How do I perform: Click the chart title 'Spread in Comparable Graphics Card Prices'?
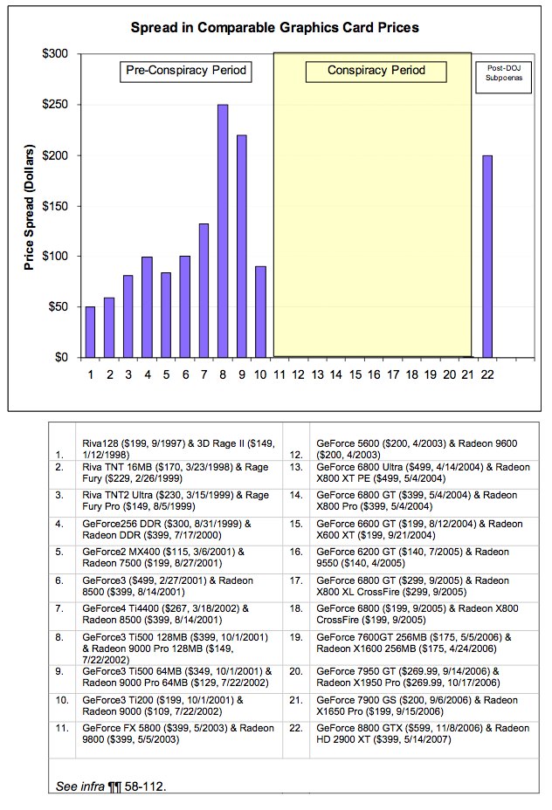(x=274, y=27)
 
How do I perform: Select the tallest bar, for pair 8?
(x=223, y=231)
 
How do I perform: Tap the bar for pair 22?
(x=486, y=257)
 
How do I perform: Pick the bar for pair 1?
(x=91, y=333)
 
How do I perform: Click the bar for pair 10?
(x=261, y=312)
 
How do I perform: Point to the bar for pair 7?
(x=204, y=291)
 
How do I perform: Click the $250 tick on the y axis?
(x=55, y=105)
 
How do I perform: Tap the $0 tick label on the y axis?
(x=61, y=358)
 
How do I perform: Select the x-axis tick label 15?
(x=355, y=374)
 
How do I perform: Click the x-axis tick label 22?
(x=486, y=374)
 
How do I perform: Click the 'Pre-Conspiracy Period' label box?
(x=186, y=71)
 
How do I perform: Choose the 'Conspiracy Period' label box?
(x=376, y=71)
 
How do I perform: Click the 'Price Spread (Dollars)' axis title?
(x=29, y=207)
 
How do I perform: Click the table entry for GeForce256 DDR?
(x=167, y=530)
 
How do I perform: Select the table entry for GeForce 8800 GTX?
(x=423, y=733)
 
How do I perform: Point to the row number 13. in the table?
(x=296, y=467)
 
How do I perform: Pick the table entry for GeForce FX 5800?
(x=178, y=733)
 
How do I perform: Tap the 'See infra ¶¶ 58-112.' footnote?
(x=111, y=786)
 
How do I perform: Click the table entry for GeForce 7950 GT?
(x=408, y=677)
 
